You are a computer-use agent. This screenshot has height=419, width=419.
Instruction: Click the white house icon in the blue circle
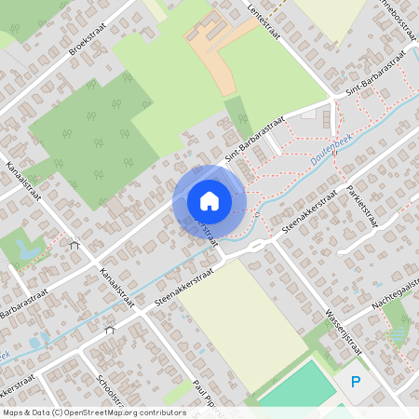tap(209, 200)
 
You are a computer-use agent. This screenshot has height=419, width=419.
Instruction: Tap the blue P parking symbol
tap(355, 381)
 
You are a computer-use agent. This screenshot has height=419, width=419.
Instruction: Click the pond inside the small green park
tap(24, 250)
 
